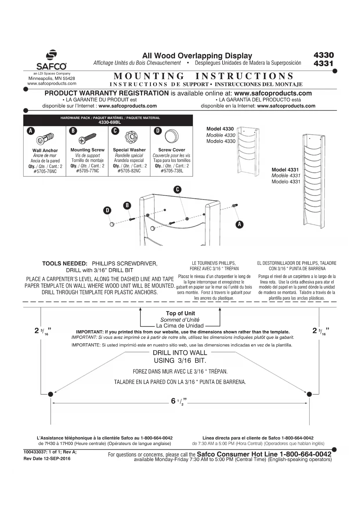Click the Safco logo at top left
tap(51, 60)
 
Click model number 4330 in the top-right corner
tap(323, 55)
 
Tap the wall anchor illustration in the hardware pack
tap(45, 139)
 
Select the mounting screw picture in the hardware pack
tap(87, 138)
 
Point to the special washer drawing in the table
tap(129, 137)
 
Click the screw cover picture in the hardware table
tap(171, 136)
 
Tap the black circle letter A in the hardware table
tap(30, 131)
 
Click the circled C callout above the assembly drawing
tap(177, 190)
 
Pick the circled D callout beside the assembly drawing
tap(107, 210)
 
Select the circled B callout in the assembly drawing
tap(127, 205)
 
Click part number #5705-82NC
tap(129, 171)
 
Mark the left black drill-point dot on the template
tap(50, 394)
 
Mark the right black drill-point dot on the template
tap(309, 394)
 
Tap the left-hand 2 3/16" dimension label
tap(42, 331)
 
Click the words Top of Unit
tap(180, 313)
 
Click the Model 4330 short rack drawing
tap(248, 151)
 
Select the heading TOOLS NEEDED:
tap(65, 263)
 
